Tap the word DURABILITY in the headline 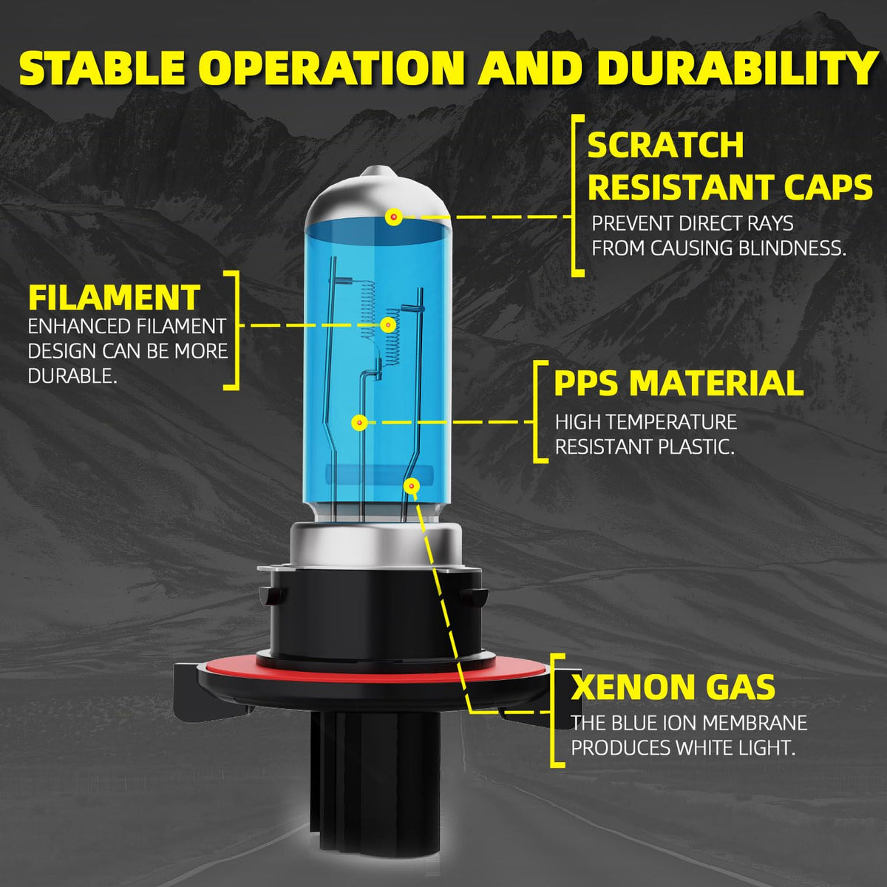(x=738, y=68)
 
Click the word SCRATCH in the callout (x=665, y=145)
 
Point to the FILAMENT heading (x=114, y=297)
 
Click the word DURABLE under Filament (x=72, y=376)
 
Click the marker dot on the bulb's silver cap (x=393, y=217)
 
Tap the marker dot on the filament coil (x=389, y=325)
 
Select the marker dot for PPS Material (x=359, y=422)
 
